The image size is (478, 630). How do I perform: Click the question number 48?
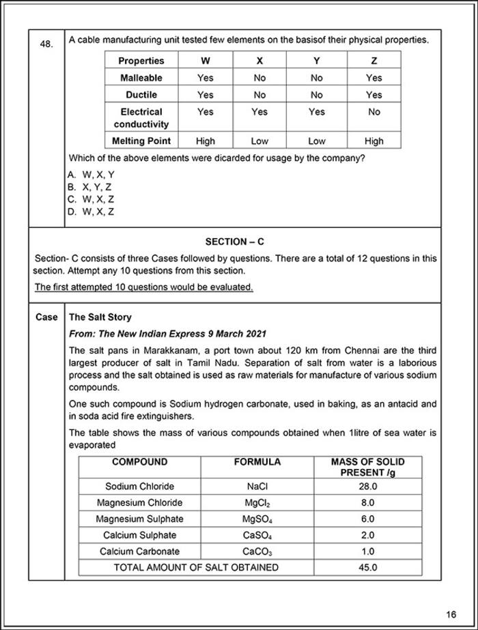pos(46,44)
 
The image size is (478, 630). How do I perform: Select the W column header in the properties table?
pos(205,61)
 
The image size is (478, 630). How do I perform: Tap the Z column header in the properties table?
pos(374,61)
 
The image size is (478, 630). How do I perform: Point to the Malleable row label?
pos(141,78)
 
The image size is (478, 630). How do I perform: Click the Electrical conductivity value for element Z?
pos(374,112)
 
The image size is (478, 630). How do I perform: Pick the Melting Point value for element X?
pos(259,141)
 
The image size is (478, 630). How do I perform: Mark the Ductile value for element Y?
pos(316,95)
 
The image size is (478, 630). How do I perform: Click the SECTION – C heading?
pos(234,242)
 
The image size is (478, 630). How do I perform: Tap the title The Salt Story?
pos(100,317)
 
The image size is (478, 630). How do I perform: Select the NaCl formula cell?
pos(257,487)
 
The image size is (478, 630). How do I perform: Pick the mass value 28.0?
pos(367,487)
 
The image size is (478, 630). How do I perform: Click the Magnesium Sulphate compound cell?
pos(139,519)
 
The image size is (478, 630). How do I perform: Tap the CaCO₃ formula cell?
pos(257,552)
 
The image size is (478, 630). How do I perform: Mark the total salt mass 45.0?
pos(367,567)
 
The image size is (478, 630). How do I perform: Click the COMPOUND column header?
pos(139,462)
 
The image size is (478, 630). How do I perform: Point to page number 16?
pos(451,613)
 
